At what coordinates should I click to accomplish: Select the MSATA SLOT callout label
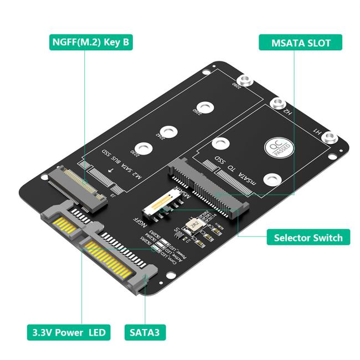tap(300, 43)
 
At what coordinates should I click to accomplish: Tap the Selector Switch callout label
tap(308, 238)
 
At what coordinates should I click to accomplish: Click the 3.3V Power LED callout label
tap(68, 332)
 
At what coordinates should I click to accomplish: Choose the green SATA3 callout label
tap(145, 332)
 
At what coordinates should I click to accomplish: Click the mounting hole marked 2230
tap(145, 148)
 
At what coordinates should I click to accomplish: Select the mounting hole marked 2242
tap(172, 130)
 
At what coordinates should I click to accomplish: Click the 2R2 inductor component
tap(194, 225)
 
